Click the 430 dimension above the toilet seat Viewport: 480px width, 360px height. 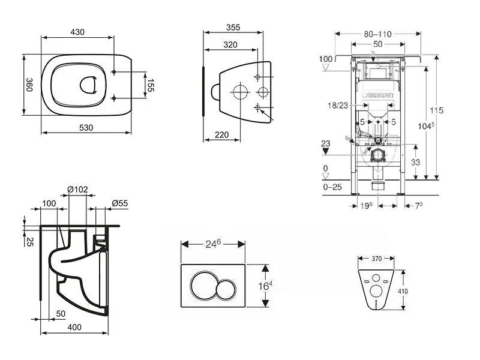[x=77, y=32]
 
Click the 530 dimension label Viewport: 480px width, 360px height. [x=86, y=128]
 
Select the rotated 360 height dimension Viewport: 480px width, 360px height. [x=29, y=85]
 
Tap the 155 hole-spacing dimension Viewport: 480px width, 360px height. [x=151, y=85]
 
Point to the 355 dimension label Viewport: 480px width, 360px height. [x=233, y=27]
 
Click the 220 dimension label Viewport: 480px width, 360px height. [x=221, y=134]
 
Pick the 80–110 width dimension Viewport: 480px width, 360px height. [x=378, y=34]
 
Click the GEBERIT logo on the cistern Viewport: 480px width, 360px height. [x=379, y=95]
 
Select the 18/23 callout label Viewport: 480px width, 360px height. [x=338, y=106]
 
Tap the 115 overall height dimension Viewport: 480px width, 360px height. [x=437, y=110]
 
